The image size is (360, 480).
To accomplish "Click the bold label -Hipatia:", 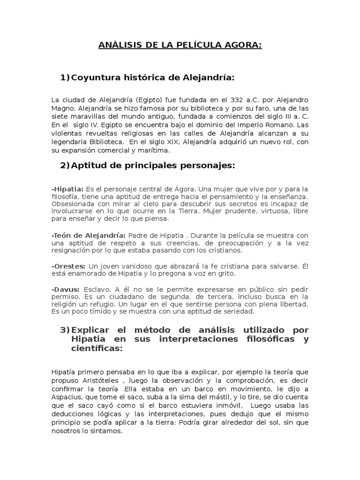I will coord(67,188).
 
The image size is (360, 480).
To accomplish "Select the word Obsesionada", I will coord(72,204).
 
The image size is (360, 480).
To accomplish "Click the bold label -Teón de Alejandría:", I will coord(88,234).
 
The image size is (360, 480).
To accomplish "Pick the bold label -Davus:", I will coord(66,289).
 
